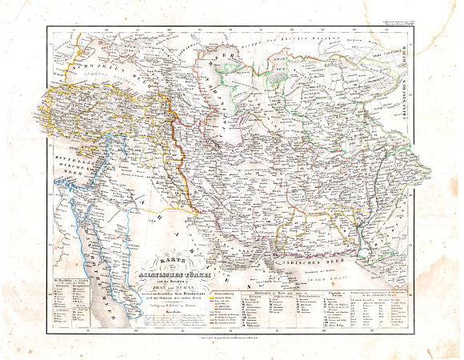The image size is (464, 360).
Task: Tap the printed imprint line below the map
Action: coord(233,339)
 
